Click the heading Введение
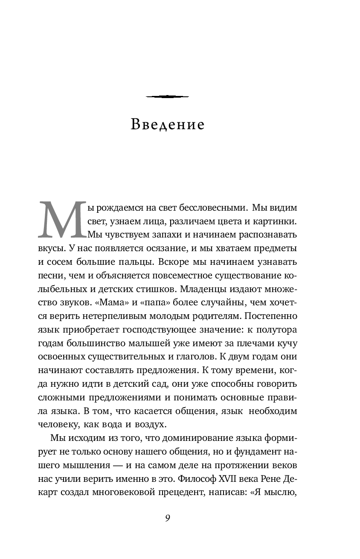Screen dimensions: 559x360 pos(168,125)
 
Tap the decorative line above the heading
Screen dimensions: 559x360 pos(167,96)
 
